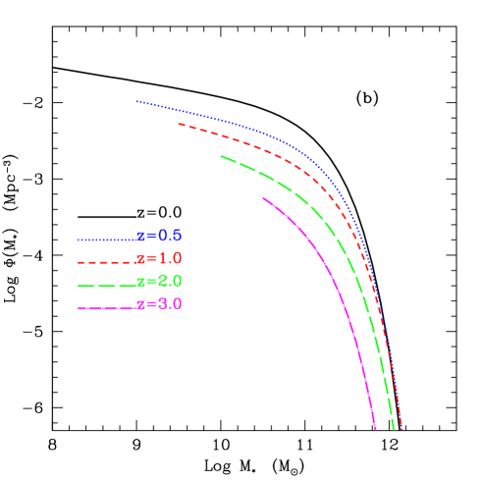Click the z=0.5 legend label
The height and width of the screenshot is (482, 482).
(159, 236)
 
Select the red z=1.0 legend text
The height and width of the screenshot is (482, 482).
(159, 259)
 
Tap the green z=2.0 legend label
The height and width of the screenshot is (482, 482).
(159, 282)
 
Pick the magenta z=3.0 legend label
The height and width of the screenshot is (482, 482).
(159, 304)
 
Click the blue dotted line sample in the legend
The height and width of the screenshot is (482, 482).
(106, 239)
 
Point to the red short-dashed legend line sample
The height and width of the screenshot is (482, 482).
(106, 262)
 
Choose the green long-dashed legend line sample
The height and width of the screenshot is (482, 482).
(106, 285)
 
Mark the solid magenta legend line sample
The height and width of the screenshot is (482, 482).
(106, 307)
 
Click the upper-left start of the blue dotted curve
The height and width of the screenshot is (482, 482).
(136, 101)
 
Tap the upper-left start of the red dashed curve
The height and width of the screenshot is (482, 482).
(179, 124)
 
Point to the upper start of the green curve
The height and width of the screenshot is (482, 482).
(221, 156)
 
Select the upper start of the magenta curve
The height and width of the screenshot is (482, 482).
(263, 198)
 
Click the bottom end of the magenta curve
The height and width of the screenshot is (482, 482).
(375, 429)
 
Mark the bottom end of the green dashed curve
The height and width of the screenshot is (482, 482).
(393, 429)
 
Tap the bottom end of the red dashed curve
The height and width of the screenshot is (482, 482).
(401, 429)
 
